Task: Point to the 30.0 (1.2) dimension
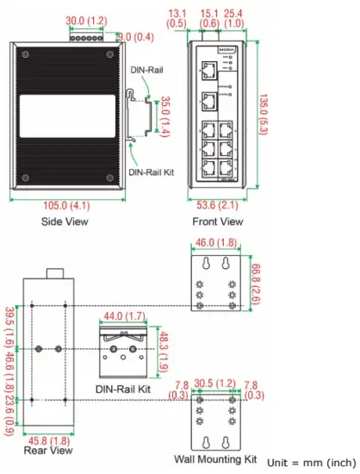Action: pos(86,19)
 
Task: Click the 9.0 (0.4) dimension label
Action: pos(135,36)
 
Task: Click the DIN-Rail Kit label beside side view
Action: pos(152,172)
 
